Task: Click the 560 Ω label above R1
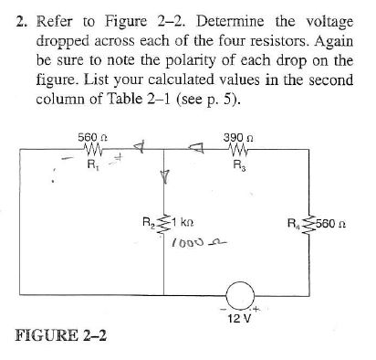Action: click(89, 139)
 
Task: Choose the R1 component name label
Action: click(90, 166)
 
